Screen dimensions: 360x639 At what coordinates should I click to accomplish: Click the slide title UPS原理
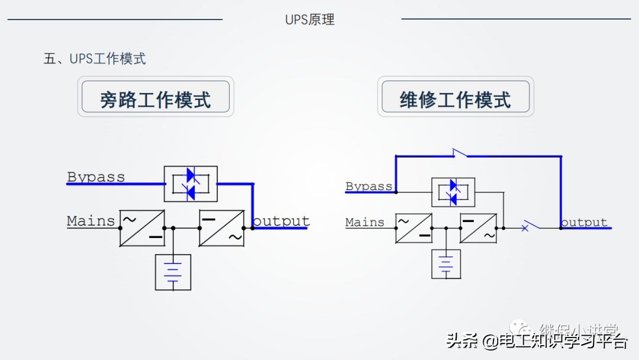309,20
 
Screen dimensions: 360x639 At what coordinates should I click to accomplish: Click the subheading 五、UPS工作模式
95,59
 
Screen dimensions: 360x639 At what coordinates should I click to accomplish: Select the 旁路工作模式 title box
156,99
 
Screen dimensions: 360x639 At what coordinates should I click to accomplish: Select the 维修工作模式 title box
455,99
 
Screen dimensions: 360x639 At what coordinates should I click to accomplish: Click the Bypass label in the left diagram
96,176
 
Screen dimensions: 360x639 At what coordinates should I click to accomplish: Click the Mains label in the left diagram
91,221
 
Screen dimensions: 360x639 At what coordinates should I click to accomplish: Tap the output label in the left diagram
282,221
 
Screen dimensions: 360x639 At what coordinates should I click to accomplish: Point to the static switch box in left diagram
191,184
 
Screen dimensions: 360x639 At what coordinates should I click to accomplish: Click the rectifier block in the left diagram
142,228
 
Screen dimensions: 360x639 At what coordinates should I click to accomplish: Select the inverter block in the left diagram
222,228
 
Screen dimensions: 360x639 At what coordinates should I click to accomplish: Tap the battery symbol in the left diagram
173,272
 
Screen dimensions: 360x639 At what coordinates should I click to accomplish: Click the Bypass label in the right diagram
369,186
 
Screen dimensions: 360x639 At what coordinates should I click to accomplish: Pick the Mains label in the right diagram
364,222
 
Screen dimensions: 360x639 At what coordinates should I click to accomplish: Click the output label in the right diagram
584,222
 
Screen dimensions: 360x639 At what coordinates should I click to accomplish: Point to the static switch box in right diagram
453,192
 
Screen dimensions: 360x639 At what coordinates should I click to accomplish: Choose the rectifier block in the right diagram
413,228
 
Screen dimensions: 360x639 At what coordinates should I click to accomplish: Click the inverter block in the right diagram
478,228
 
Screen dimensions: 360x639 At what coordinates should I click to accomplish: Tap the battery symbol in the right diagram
446,263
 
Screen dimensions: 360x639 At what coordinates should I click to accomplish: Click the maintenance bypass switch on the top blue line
459,154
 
